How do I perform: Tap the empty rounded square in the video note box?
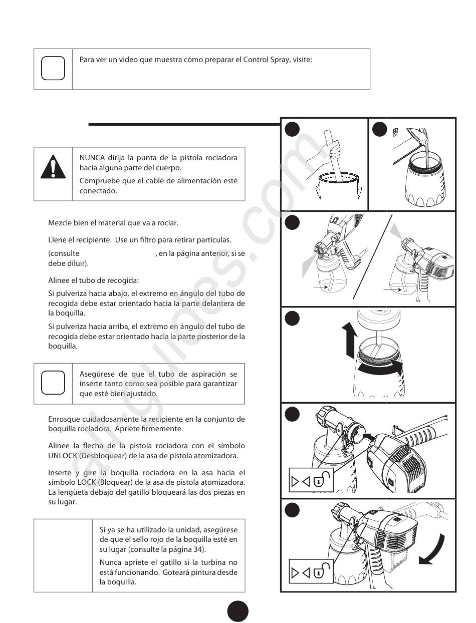coord(53,69)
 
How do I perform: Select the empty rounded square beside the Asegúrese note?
coord(53,383)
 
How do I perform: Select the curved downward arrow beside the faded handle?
coord(435,550)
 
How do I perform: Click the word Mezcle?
coord(60,222)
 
